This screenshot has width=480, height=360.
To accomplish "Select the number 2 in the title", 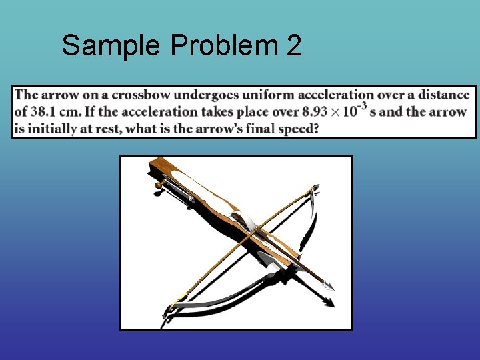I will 293,46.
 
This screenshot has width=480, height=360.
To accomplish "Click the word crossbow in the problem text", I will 143,95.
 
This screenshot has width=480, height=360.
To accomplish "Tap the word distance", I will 445,95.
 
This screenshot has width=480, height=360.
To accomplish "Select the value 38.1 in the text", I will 44,111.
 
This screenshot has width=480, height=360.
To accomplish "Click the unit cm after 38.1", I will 71,111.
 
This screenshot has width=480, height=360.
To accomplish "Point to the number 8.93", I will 316,111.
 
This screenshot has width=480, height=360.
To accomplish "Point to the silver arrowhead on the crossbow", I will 327,285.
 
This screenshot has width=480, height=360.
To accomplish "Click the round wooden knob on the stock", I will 160,185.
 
